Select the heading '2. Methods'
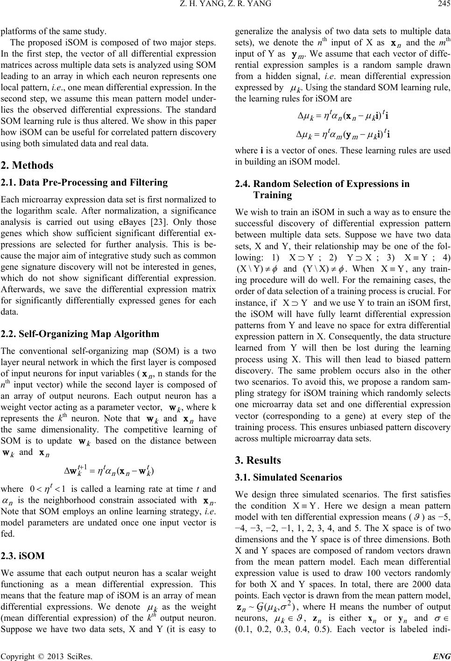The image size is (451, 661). [x=27, y=165]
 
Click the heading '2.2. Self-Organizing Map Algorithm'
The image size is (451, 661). [x=80, y=334]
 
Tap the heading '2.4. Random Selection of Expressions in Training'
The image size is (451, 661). [x=321, y=188]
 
